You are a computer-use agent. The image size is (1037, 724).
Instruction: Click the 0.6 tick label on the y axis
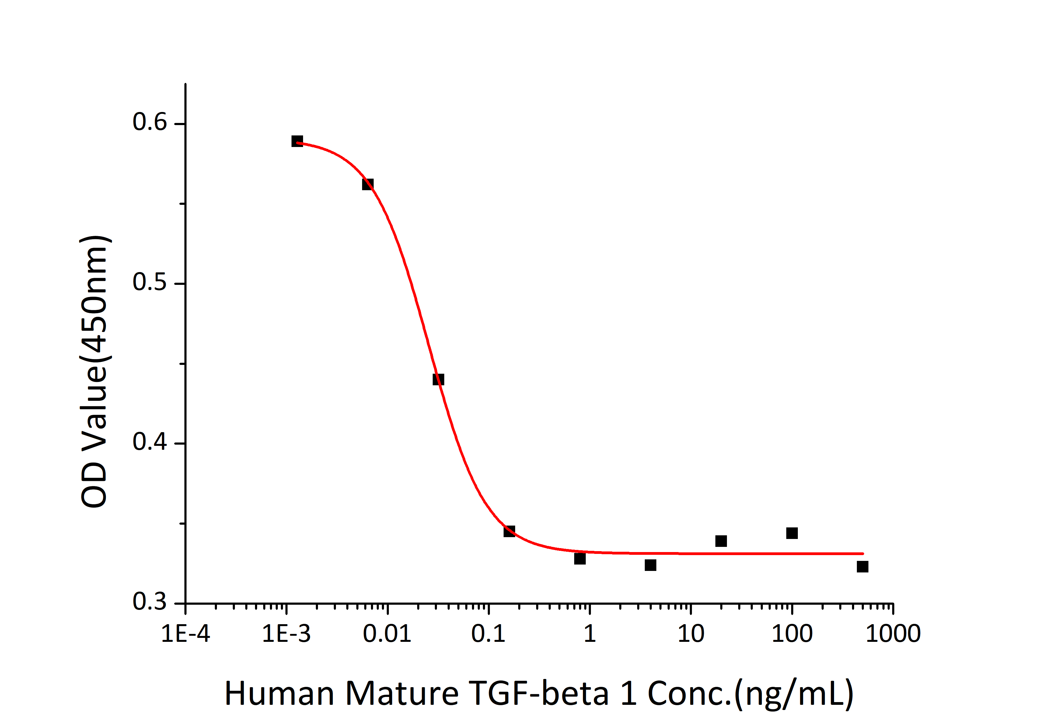click(x=149, y=122)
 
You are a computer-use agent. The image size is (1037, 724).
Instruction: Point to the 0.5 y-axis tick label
click(x=149, y=282)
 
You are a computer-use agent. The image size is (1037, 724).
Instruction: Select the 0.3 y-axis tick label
click(x=149, y=602)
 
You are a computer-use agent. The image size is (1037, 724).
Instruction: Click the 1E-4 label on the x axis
click(x=186, y=634)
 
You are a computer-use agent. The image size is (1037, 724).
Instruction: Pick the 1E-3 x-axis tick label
click(x=286, y=634)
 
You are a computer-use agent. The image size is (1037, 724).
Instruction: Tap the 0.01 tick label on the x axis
click(x=387, y=634)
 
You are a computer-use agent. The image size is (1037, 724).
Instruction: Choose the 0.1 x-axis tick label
click(x=488, y=634)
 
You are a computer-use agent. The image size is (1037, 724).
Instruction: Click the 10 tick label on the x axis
click(x=691, y=634)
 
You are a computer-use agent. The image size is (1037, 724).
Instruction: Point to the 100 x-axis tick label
click(x=792, y=634)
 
